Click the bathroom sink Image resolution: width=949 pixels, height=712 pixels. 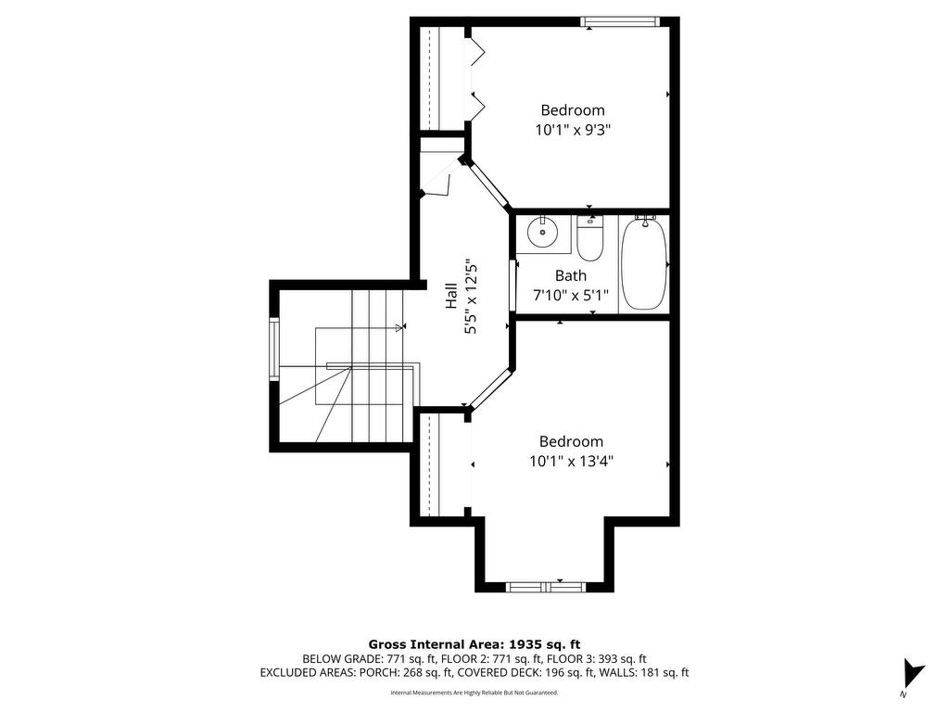click(542, 231)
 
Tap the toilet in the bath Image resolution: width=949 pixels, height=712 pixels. click(590, 238)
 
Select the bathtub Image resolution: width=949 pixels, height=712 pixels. click(645, 263)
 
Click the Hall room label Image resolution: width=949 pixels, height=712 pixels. click(451, 296)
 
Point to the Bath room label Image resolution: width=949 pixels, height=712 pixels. click(571, 276)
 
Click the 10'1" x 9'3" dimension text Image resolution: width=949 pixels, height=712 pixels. click(570, 130)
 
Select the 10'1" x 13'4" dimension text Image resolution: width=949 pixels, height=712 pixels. click(571, 462)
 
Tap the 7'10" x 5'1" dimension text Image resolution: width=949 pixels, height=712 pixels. click(571, 296)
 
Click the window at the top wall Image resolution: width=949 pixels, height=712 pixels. click(619, 22)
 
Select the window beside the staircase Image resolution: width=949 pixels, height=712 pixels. click(274, 350)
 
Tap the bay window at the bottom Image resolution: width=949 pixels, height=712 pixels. click(546, 587)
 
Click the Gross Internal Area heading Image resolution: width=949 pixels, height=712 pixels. click(474, 644)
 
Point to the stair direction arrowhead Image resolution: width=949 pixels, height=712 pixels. click(399, 327)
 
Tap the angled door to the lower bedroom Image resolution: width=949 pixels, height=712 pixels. click(489, 388)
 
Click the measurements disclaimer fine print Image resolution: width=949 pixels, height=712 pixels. click(474, 693)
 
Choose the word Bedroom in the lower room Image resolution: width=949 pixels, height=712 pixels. click(571, 441)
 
